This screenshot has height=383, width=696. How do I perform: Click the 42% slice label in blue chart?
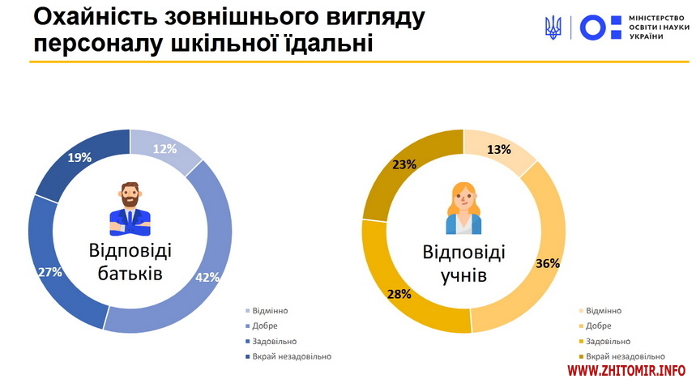[x=207, y=278]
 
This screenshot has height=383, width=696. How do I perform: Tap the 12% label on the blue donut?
[x=164, y=149]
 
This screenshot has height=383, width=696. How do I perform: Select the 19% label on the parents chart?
[x=79, y=158]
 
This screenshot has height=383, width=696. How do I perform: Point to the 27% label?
[x=49, y=272]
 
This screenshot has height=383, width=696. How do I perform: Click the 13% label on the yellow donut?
[x=499, y=150]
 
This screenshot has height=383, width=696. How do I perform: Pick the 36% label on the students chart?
[x=547, y=264]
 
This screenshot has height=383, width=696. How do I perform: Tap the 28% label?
[x=399, y=294]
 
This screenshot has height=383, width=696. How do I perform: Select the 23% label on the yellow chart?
[x=404, y=165]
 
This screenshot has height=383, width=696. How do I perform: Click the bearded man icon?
[x=130, y=209]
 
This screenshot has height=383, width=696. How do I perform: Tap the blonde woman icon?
[x=463, y=208]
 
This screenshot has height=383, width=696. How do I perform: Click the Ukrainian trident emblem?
[x=553, y=28]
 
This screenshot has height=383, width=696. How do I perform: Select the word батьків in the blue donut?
[x=130, y=274]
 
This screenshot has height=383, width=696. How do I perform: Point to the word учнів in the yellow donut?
[x=463, y=275]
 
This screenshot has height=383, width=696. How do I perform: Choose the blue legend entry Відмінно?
[x=267, y=311]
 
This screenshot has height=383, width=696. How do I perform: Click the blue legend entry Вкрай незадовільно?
[x=288, y=356]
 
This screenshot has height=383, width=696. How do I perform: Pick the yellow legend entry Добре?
[x=596, y=326]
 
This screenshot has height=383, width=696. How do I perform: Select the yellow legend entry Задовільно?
[x=604, y=341]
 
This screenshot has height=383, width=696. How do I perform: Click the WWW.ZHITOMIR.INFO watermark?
[x=626, y=370]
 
